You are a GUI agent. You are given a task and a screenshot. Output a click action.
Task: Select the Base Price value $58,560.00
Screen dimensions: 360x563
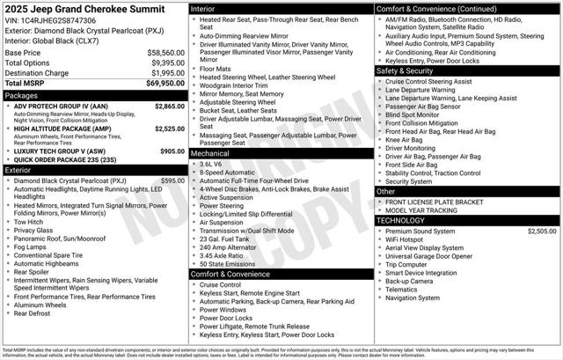tap(165, 53)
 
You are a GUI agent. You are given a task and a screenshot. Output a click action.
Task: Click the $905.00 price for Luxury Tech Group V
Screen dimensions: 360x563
tap(172, 151)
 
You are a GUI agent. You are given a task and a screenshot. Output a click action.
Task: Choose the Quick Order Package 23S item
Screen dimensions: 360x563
tap(67, 160)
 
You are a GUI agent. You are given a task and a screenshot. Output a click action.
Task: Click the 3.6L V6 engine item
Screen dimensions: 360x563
tap(211, 164)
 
